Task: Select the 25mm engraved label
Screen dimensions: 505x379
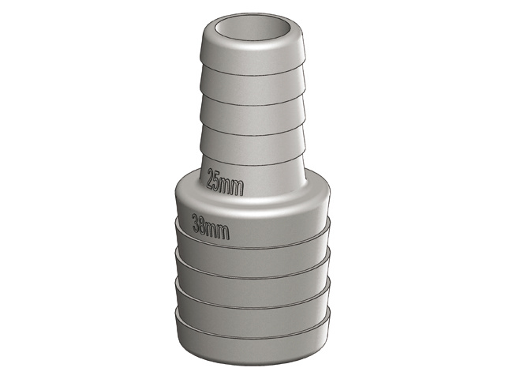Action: point(225,182)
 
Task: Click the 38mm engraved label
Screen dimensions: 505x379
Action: point(211,227)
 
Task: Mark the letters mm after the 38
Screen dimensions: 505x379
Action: point(219,231)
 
